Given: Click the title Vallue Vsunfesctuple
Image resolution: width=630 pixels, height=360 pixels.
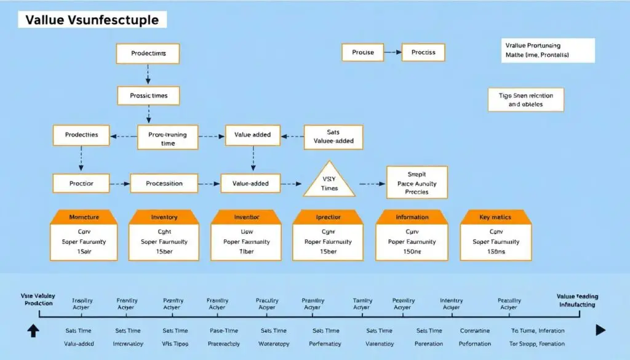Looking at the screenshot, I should coord(92,20).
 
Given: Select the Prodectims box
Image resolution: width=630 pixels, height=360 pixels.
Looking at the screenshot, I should coord(148,54).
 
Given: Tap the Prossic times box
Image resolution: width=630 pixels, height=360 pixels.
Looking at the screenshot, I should coord(148,96).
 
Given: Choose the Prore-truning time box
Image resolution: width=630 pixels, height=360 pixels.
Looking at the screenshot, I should coord(167,138).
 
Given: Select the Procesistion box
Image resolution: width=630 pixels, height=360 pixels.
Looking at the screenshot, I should coord(164,183).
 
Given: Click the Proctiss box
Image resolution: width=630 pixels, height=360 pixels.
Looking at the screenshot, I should coord(423,52).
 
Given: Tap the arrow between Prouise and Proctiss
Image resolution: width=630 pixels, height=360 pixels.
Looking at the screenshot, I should coord(392,52).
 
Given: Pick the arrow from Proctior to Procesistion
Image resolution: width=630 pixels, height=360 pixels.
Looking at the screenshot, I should coord(120,183).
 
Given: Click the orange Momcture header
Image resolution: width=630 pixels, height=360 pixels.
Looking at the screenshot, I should coord(84,217).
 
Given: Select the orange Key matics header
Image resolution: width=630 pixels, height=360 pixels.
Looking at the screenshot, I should coord(495,217).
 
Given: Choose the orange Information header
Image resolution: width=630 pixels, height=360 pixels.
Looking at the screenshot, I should coord(412,217).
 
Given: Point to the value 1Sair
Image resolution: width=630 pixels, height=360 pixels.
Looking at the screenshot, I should coord(84,252).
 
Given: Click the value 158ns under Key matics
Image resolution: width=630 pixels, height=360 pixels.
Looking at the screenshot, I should coord(496,252).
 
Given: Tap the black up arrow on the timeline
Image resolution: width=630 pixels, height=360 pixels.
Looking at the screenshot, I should coord(33,330).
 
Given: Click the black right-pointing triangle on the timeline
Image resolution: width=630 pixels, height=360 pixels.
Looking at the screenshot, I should coord(600,330).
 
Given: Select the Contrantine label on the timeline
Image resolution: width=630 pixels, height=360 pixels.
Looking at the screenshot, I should coord(475,330).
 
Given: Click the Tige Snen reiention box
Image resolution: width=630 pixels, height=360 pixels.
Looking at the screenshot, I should coord(525,100).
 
